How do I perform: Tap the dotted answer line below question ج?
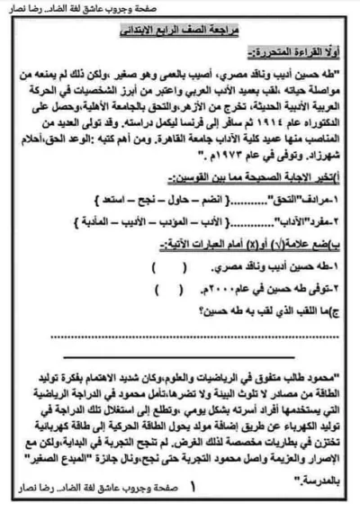pos(180,362)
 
